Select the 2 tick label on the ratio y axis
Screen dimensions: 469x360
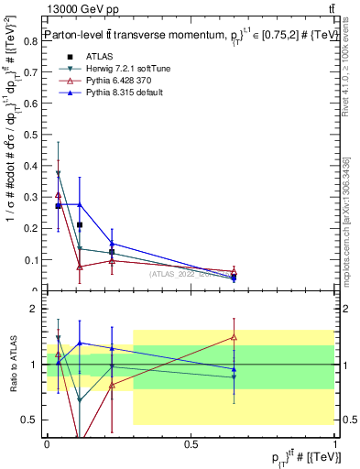pos(34,309)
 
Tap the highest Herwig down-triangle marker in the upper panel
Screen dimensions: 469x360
pos(59,173)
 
